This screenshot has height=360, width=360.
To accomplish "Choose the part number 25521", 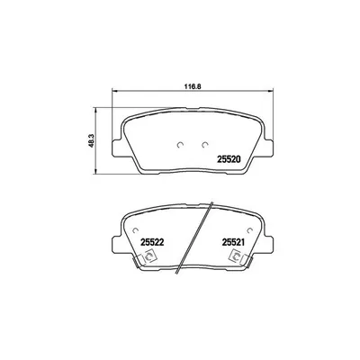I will point(235,241).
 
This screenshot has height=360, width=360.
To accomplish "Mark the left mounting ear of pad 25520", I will point(116,146).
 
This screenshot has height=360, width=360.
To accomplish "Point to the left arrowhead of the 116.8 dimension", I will point(111,96).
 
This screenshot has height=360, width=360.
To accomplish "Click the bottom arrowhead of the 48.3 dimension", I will point(96,172).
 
